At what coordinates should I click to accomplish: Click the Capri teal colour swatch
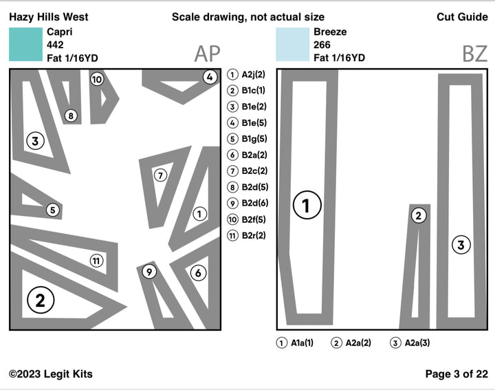pos(25,45)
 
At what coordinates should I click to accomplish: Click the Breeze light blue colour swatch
pos(292,45)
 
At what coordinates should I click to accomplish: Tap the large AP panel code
pos(207,54)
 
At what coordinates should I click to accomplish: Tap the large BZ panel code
pos(474,54)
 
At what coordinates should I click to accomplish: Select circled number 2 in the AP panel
pos(40,300)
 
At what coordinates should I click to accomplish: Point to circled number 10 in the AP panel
pos(97,80)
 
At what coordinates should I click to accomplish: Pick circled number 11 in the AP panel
pos(96,261)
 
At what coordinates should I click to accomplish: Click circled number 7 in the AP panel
pos(160,175)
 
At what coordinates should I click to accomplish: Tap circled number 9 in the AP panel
pos(149,272)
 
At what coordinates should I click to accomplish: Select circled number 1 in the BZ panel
pos(307,205)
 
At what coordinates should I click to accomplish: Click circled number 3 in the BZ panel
pos(461,244)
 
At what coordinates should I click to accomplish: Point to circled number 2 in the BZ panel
pos(418,216)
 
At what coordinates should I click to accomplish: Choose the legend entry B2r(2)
pos(247,235)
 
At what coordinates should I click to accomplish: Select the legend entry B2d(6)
pos(247,203)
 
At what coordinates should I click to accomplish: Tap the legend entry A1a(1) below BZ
pos(296,343)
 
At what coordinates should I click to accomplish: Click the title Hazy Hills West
pos(49,17)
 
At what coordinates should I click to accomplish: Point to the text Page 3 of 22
pos(456,374)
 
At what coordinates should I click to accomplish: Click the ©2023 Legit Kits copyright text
pos(51,374)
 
